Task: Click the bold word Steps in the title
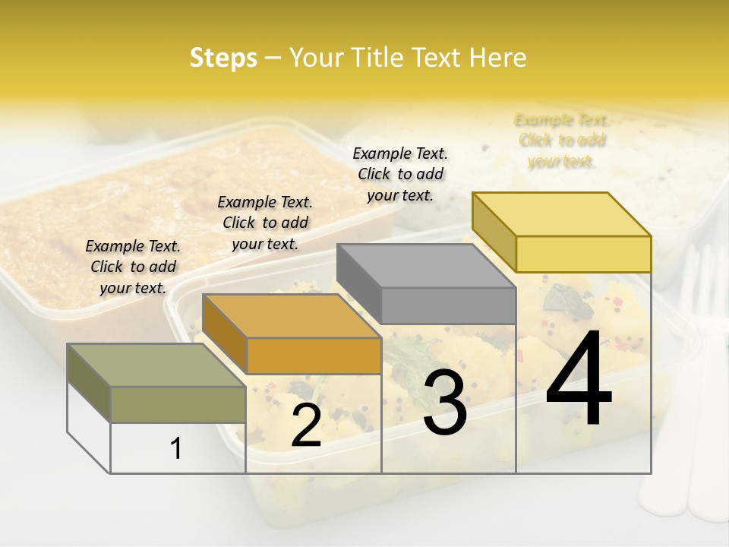(x=223, y=58)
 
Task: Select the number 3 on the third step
(x=445, y=403)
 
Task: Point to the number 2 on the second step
(x=306, y=425)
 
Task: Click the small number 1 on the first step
(x=175, y=449)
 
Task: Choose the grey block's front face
(x=448, y=305)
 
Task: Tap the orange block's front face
(x=314, y=356)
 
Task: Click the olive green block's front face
(x=178, y=404)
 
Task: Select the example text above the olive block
(x=133, y=267)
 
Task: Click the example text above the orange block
(x=265, y=223)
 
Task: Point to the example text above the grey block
(x=400, y=174)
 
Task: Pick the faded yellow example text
(x=562, y=141)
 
